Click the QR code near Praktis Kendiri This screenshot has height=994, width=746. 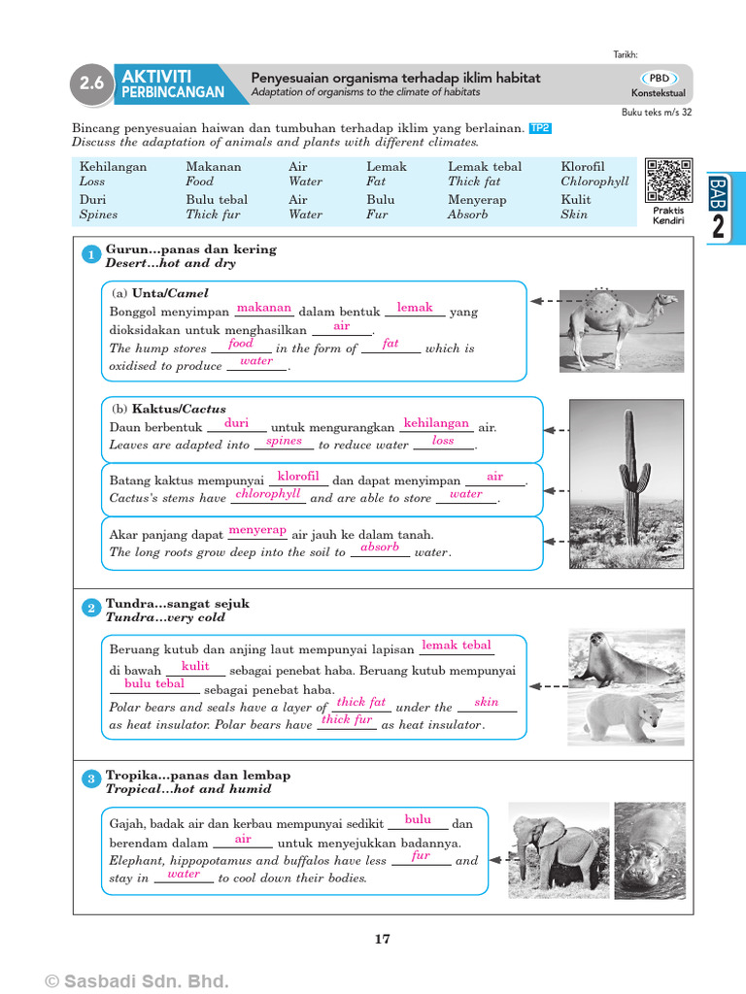coord(668,180)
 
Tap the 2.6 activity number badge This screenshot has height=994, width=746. coord(91,84)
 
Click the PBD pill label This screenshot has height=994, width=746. coord(660,79)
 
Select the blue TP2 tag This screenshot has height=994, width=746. coord(540,128)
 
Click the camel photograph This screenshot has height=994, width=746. coord(621,330)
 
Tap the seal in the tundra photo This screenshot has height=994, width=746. coord(613,659)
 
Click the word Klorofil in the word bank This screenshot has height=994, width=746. coord(582,167)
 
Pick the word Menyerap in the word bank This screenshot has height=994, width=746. coord(477,200)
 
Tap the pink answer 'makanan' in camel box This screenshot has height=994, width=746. coord(264,308)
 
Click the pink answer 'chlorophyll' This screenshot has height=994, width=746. coord(268,494)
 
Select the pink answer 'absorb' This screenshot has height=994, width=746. coord(380,547)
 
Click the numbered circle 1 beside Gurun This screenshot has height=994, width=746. coord(91,255)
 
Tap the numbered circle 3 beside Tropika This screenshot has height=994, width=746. coord(91,779)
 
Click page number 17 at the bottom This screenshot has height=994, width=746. coord(382,939)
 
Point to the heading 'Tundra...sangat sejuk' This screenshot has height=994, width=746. coord(177,603)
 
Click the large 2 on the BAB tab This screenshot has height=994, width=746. coord(719,226)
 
